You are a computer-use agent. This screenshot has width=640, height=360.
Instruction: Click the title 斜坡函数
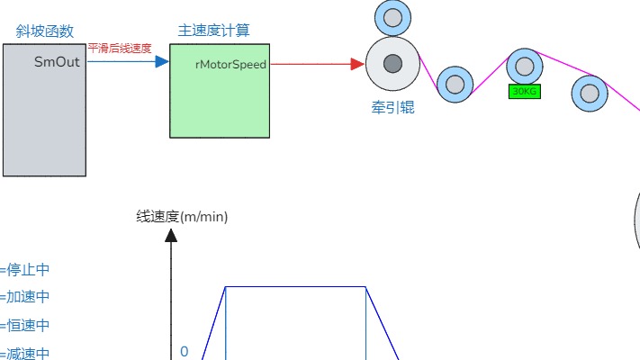coord(44,31)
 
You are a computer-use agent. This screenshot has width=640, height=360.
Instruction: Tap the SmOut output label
coord(57,62)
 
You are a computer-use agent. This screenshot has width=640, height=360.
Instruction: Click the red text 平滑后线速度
coord(120,49)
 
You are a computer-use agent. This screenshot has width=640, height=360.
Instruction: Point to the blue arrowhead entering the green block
coord(162,62)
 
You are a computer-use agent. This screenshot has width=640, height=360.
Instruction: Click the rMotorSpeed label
coord(230,64)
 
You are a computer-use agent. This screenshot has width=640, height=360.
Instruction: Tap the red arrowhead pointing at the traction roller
coord(357,64)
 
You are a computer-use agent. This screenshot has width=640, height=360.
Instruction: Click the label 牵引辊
coord(392,108)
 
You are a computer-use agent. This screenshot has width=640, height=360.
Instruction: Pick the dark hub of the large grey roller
coord(392,64)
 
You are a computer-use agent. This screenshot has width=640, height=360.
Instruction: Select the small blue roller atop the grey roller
coord(392,16)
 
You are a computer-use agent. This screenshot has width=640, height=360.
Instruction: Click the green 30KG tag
coord(524,91)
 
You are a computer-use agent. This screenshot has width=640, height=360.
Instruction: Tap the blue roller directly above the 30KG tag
coord(524,65)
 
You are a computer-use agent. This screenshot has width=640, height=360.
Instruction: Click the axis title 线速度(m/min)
coord(183,216)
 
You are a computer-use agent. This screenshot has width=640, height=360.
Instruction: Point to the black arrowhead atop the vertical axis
coord(171,236)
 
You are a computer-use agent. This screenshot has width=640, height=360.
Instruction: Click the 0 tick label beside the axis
coord(184,351)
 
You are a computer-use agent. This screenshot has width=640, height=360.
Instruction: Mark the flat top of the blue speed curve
coord(295,287)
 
